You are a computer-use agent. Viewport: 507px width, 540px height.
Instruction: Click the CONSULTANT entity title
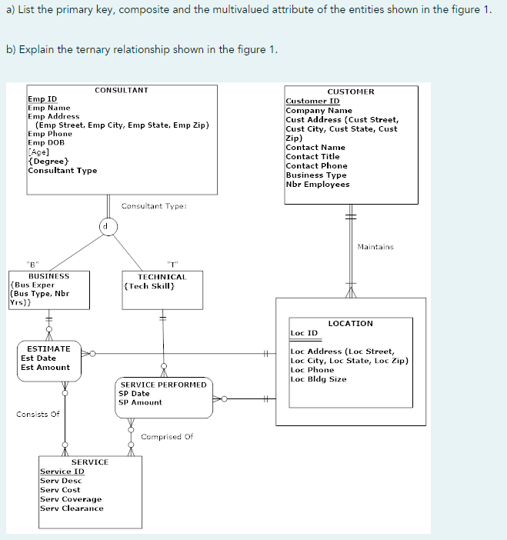[x=121, y=91]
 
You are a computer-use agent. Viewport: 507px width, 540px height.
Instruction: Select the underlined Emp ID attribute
[x=42, y=99]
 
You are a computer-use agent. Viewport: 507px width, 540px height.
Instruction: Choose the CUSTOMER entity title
[x=351, y=92]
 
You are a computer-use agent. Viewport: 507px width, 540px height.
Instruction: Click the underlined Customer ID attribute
[x=312, y=101]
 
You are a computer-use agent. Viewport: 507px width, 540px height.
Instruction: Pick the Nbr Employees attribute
[x=317, y=184]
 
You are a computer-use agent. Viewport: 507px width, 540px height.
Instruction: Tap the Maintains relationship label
[x=375, y=247]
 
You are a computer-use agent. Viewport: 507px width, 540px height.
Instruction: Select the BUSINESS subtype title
[x=48, y=275]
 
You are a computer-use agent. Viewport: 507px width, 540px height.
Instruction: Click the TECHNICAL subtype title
[x=162, y=276]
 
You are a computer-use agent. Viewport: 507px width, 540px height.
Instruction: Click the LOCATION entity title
[x=350, y=323]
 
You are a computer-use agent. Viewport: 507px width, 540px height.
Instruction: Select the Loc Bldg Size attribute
[x=319, y=378]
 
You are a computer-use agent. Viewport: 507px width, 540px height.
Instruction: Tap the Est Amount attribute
[x=45, y=367]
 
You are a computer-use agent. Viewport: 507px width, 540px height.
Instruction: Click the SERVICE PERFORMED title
[x=163, y=384]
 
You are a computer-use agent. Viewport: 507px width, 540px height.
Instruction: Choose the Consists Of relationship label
[x=38, y=415]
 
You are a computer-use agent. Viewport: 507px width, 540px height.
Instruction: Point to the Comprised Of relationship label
[x=167, y=436]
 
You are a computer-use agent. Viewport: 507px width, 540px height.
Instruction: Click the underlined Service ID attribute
[x=62, y=472]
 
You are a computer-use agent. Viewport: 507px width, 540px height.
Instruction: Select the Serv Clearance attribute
[x=72, y=508]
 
